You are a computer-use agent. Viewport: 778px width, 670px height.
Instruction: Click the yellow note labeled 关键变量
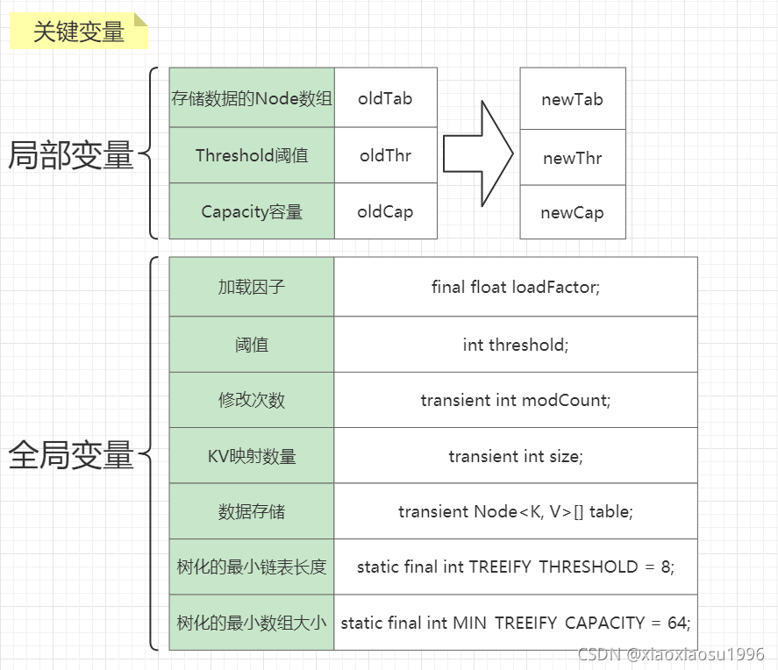click(79, 32)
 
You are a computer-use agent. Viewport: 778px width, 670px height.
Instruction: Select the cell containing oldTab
click(385, 98)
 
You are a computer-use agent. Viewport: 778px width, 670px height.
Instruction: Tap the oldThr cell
click(385, 155)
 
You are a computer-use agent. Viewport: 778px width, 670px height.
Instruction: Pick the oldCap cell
click(385, 211)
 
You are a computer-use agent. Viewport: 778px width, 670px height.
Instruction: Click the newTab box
click(572, 99)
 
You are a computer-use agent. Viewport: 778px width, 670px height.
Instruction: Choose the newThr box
click(572, 158)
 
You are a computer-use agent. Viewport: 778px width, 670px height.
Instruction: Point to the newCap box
click(572, 213)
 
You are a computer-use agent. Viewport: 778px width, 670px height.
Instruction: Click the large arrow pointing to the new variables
click(477, 153)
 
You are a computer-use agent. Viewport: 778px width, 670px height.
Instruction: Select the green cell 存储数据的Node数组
click(252, 98)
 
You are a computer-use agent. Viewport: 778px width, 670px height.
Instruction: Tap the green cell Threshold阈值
click(252, 155)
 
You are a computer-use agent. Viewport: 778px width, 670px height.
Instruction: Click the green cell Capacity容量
click(252, 211)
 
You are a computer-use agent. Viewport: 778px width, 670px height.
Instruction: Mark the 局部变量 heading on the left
click(70, 155)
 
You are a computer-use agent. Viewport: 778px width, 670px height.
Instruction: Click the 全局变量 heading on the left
click(70, 455)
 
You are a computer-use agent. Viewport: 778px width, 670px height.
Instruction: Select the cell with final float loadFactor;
click(516, 287)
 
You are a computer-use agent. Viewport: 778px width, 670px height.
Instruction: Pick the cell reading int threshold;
click(516, 345)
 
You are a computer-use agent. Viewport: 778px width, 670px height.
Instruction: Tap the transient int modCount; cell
click(516, 400)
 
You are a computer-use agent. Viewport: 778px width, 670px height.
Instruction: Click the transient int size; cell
click(516, 456)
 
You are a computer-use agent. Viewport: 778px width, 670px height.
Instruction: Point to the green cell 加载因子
click(252, 287)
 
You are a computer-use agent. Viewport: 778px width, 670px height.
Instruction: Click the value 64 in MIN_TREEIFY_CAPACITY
click(676, 623)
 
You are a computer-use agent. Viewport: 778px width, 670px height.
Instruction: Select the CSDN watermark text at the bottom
click(671, 654)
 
